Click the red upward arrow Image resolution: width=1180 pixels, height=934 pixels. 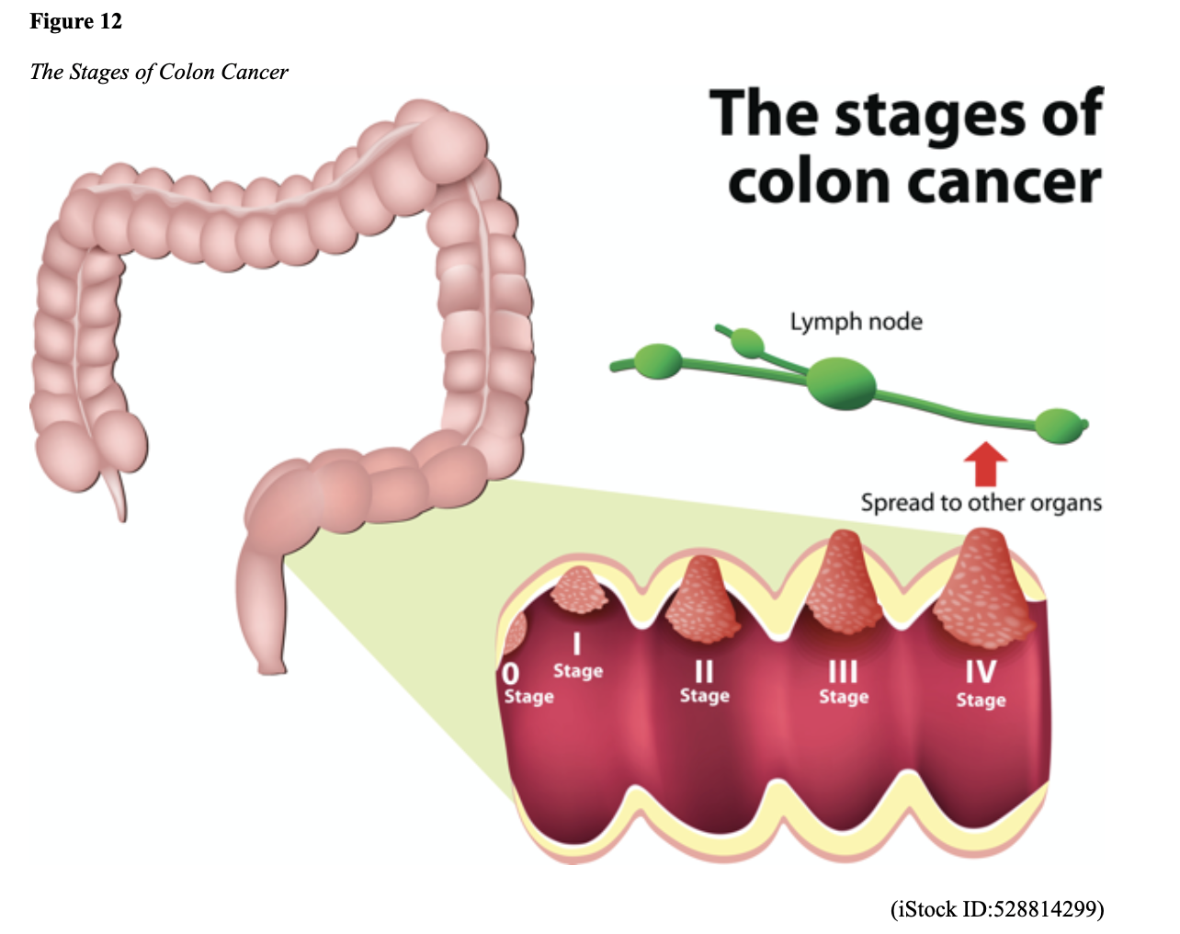coord(985,464)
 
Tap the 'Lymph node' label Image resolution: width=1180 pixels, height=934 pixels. coord(856,322)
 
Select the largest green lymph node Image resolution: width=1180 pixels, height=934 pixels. coord(841,382)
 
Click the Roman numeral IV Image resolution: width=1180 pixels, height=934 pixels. coord(980,671)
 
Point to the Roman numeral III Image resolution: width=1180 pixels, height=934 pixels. coord(843,671)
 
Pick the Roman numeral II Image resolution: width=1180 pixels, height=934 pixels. coord(704,671)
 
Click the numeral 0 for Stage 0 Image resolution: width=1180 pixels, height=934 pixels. coord(511,673)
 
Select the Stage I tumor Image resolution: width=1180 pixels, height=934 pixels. coord(578,590)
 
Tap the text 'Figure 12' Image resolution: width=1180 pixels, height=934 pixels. coord(75,21)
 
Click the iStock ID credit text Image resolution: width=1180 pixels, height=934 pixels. coord(996,909)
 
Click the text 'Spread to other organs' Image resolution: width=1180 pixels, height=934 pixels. coord(981,503)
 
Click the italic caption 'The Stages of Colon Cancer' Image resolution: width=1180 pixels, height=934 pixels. coord(159,72)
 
